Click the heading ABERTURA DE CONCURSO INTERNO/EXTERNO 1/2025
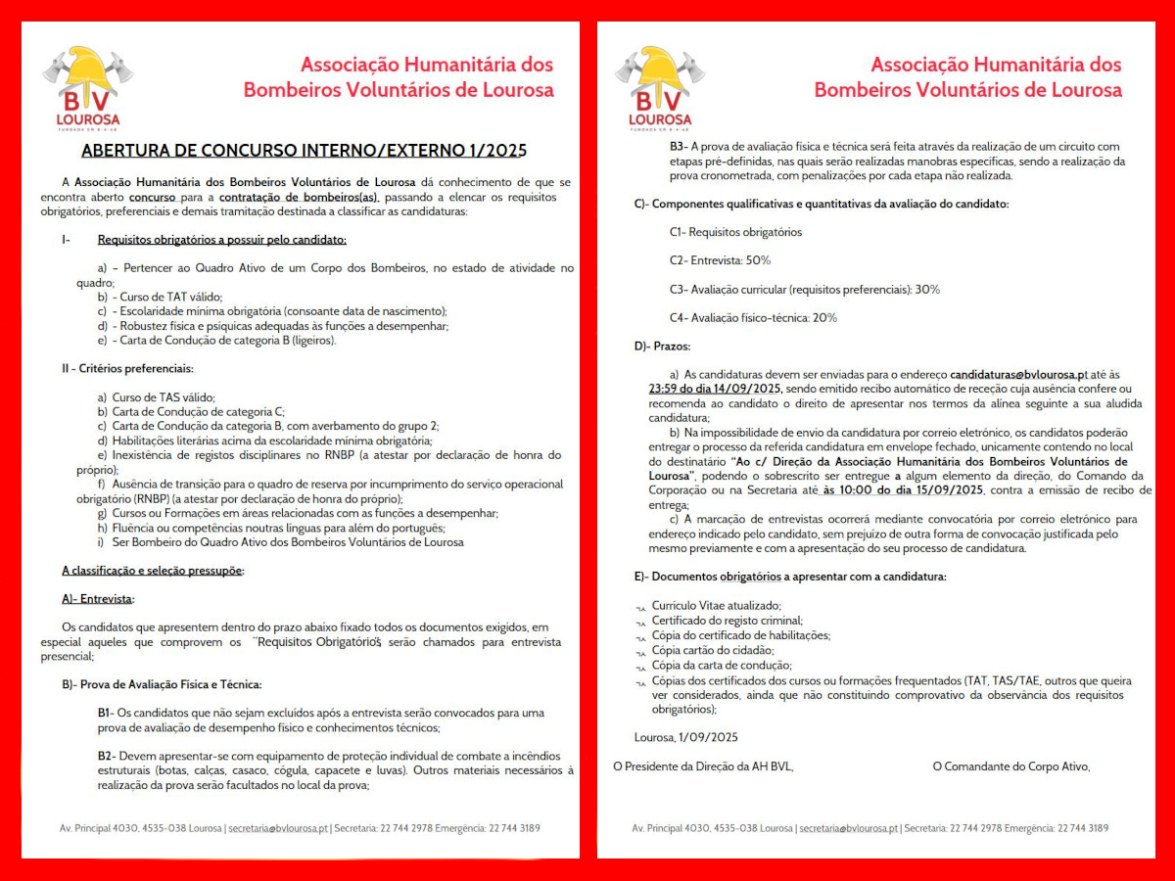point(304,151)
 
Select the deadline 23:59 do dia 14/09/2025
point(714,389)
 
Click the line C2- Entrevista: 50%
point(720,260)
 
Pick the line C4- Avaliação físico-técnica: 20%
point(753,317)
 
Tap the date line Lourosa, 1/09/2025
point(685,737)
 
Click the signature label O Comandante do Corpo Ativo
point(1010,766)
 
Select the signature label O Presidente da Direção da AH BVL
point(703,766)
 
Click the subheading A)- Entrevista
point(98,599)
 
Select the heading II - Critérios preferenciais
point(127,368)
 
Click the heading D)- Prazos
point(662,346)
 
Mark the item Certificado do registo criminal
point(727,620)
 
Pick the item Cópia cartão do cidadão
point(713,650)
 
